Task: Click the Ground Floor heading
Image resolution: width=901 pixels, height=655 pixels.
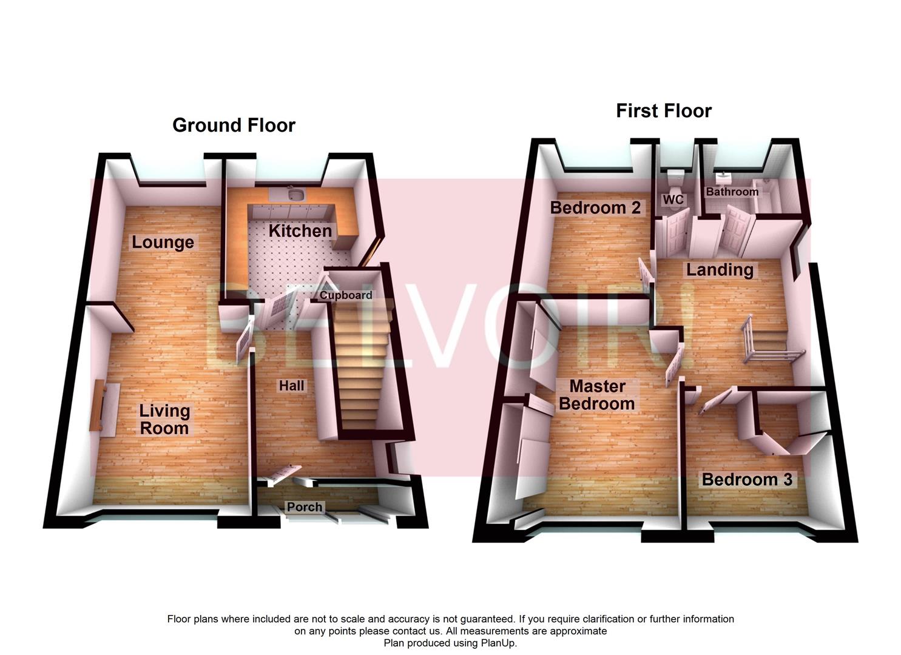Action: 234,125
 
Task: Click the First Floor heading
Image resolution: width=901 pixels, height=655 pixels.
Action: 663,111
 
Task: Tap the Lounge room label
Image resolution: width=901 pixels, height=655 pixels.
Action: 163,243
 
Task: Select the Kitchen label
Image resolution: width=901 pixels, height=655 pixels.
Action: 300,231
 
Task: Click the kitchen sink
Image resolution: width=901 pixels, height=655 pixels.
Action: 297,194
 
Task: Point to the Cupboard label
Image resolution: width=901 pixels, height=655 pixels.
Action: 346,295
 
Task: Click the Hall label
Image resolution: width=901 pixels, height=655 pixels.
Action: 291,386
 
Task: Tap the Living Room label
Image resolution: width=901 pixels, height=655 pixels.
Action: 164,419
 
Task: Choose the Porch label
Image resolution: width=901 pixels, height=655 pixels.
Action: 305,507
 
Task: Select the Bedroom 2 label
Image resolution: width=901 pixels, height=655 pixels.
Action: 595,208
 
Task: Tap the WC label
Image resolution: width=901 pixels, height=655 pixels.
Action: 673,200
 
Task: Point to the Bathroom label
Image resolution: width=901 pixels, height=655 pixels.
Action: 732,192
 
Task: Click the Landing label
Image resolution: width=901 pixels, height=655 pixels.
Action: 720,269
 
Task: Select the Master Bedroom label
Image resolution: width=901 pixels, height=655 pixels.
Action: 597,395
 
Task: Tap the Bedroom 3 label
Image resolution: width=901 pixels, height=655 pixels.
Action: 747,480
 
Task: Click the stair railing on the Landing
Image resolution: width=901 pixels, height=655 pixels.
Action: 771,355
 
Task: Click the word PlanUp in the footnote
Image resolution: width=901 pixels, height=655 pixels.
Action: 499,643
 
